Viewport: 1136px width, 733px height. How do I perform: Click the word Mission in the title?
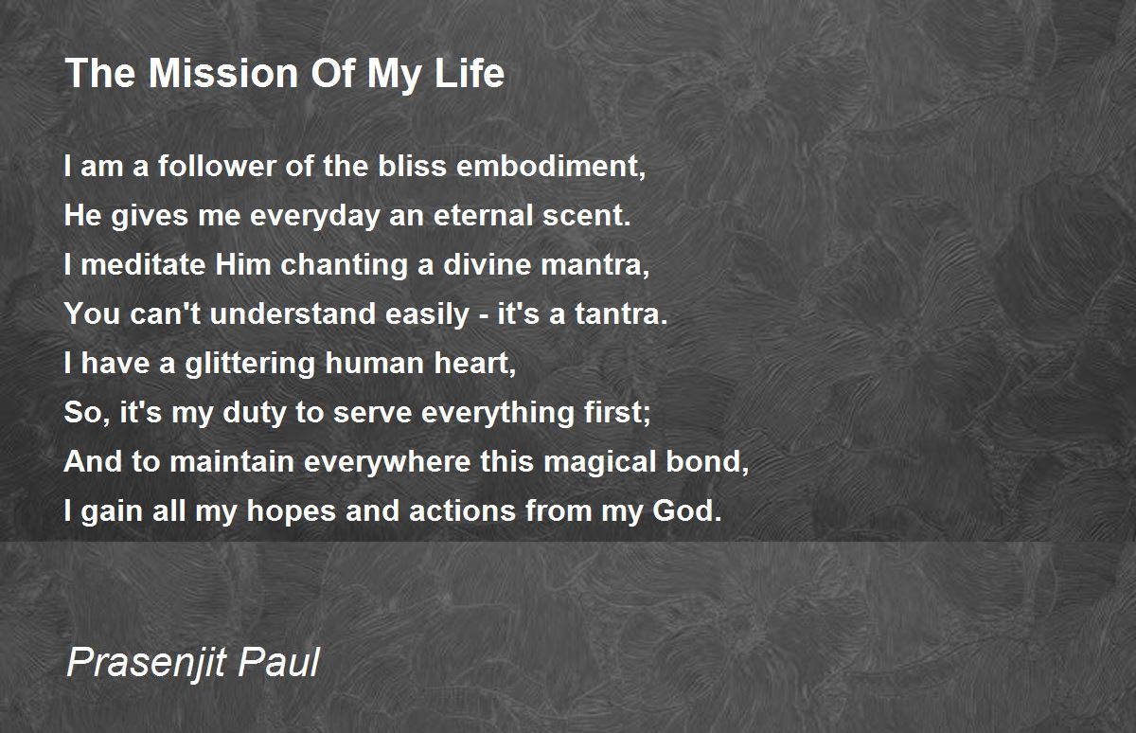223,74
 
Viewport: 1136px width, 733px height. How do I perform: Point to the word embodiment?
551,167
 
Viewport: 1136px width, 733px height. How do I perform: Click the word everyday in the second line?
314,216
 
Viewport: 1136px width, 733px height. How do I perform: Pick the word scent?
587,216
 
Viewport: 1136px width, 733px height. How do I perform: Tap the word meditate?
143,265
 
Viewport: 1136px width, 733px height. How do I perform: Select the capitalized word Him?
243,265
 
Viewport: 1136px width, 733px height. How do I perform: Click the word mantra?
595,266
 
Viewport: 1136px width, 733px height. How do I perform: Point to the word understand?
293,314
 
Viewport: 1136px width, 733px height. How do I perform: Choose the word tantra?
621,314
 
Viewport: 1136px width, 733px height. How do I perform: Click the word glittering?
250,365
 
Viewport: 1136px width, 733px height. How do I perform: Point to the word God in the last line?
686,510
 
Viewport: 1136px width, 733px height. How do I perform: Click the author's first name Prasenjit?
146,663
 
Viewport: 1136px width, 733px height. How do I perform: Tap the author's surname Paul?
279,662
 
